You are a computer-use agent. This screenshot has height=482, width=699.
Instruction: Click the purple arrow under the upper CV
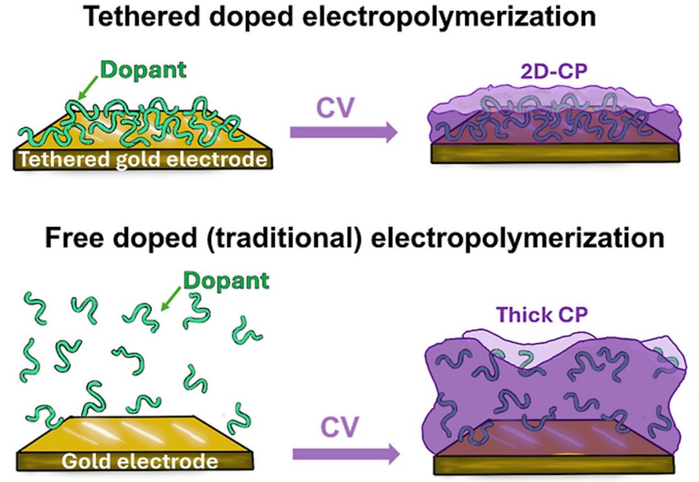[344, 132]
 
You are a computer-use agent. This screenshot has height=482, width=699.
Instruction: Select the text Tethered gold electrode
[143, 159]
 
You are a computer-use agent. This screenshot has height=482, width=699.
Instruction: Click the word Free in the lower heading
[65, 237]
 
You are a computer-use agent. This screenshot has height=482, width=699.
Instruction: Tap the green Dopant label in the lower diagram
[225, 281]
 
